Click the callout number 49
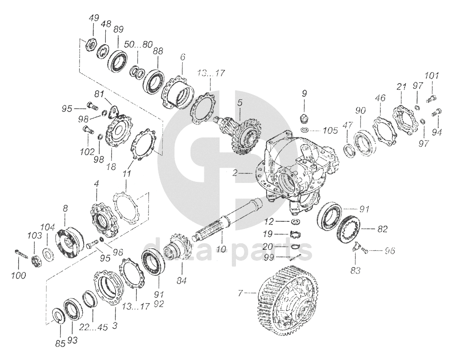click(93, 19)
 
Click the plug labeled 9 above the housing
click(304, 118)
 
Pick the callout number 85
click(60, 343)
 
